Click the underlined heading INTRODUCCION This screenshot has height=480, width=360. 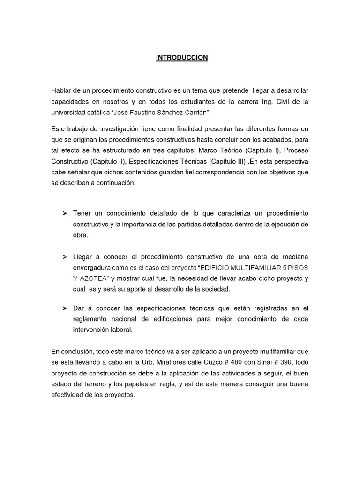[182, 58]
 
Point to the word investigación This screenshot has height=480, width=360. [119, 129]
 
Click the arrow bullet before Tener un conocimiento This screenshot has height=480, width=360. [65, 214]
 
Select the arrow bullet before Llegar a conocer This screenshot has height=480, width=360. [65, 258]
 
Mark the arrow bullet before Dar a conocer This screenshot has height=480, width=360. [65, 308]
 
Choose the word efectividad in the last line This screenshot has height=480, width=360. [68, 395]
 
